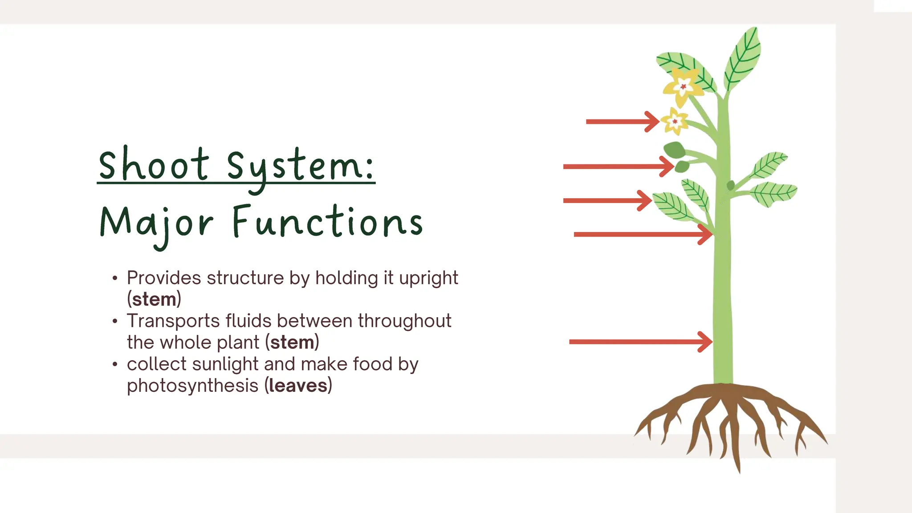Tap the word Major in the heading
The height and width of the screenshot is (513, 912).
click(x=156, y=223)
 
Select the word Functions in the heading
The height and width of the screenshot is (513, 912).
click(x=327, y=222)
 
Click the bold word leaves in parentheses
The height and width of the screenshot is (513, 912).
click(x=298, y=386)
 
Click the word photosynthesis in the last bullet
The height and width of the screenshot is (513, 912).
click(x=192, y=386)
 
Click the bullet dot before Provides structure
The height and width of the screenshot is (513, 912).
click(x=115, y=278)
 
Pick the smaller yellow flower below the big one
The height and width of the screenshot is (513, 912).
click(x=675, y=121)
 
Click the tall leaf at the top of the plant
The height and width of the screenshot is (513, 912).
click(x=743, y=58)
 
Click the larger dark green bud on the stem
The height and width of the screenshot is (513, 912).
click(x=675, y=150)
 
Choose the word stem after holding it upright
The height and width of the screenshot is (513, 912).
click(x=154, y=299)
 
